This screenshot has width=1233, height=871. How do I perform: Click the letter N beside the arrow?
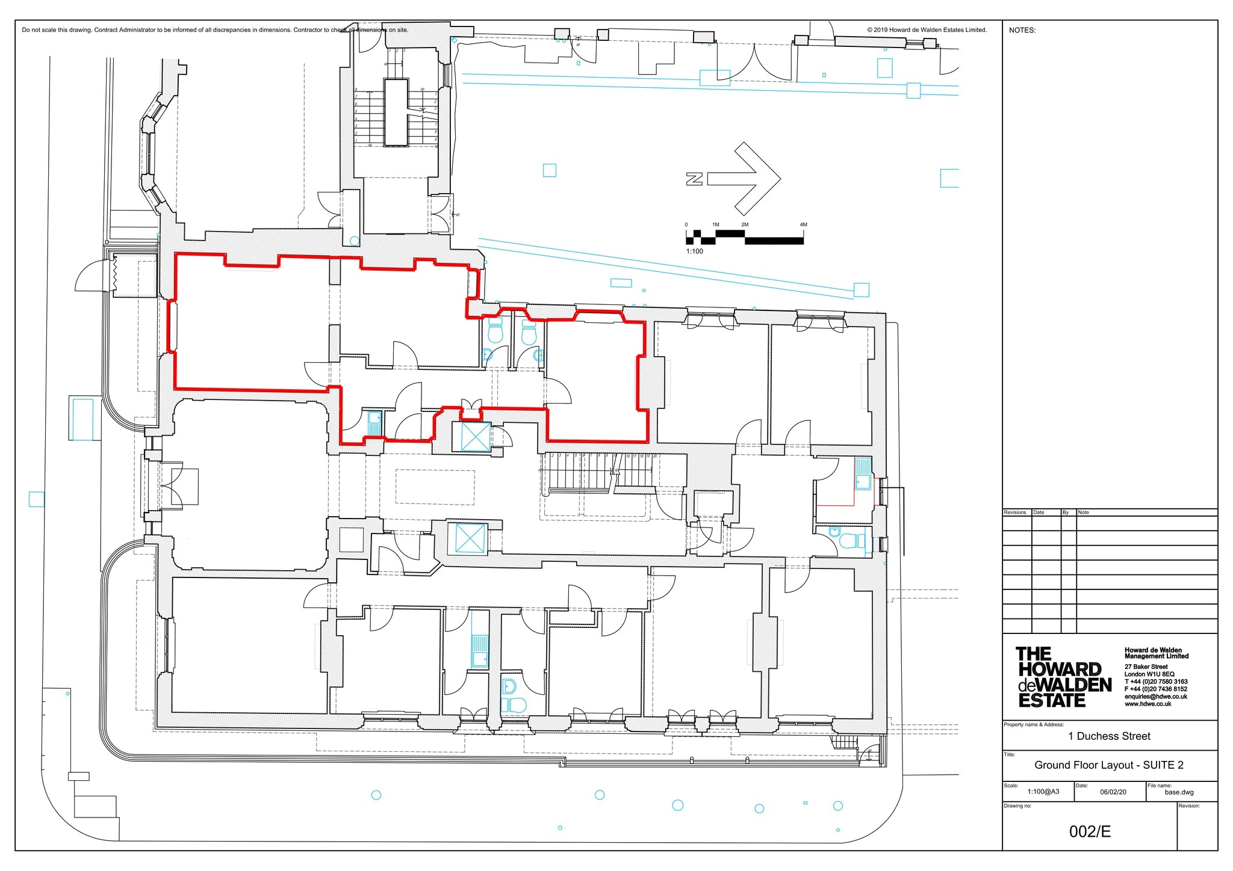click(694, 179)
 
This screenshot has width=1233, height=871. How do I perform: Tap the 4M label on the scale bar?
click(803, 225)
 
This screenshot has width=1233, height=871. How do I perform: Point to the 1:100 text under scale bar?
click(694, 251)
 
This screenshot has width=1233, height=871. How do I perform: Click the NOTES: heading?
click(1022, 31)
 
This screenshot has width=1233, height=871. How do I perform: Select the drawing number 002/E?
click(1090, 832)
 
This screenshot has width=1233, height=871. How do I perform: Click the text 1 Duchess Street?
click(1109, 736)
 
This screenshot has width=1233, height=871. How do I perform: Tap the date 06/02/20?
click(1113, 792)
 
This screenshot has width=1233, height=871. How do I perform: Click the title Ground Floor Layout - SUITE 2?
click(1109, 765)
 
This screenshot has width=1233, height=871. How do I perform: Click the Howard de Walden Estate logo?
click(1063, 677)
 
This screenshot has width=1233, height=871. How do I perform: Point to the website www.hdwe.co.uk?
click(1148, 704)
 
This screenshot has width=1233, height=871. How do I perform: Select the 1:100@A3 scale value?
click(1043, 792)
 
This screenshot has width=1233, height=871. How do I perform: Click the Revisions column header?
click(1015, 512)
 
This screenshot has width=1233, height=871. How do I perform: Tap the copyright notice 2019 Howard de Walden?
click(927, 30)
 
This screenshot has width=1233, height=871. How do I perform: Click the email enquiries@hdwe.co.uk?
click(1155, 697)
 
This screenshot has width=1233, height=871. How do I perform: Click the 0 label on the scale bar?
click(686, 225)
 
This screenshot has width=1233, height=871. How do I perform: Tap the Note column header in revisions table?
click(1083, 512)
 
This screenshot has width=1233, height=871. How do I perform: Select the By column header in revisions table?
click(1066, 512)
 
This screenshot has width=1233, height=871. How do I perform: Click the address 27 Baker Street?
click(1146, 667)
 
